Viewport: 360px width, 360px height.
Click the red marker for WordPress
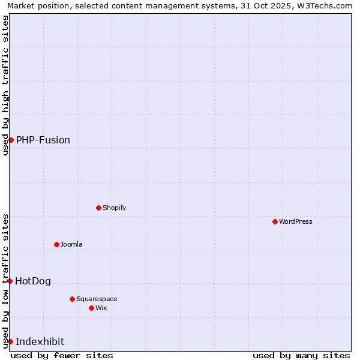[275, 221]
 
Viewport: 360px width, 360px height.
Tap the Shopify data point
[98, 208]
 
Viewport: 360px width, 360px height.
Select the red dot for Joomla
[56, 244]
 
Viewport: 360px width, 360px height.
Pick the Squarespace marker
[72, 299]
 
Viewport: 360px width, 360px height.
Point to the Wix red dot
[91, 308]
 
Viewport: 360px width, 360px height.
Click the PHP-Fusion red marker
[11, 140]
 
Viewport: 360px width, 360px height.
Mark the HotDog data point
[10, 281]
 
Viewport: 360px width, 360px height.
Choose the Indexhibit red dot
[10, 341]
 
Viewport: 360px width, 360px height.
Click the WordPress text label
[296, 221]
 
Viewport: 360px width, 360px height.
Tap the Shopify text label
[114, 208]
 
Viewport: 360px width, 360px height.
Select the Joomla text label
[71, 244]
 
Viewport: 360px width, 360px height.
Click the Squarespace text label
[97, 299]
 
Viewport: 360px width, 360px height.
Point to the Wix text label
[101, 308]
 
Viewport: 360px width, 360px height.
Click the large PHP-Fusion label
[43, 140]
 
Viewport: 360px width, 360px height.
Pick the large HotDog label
[33, 281]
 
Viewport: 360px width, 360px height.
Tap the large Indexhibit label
[40, 341]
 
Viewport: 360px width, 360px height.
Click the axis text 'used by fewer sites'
[62, 355]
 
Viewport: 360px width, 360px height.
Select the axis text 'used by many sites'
[301, 355]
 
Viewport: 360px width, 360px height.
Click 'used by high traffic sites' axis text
[5, 85]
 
